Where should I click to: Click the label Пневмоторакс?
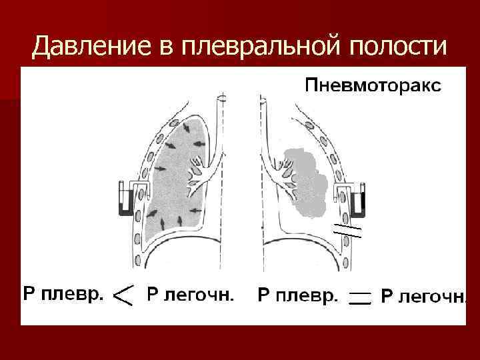coord(373,85)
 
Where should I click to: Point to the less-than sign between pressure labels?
coord(124,294)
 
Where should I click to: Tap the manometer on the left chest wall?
coord(127,198)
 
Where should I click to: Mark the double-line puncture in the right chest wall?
coord(347,230)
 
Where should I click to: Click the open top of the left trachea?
coord(221,101)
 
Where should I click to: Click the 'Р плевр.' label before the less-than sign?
coord(64,293)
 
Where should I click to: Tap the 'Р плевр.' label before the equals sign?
coord(298,294)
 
